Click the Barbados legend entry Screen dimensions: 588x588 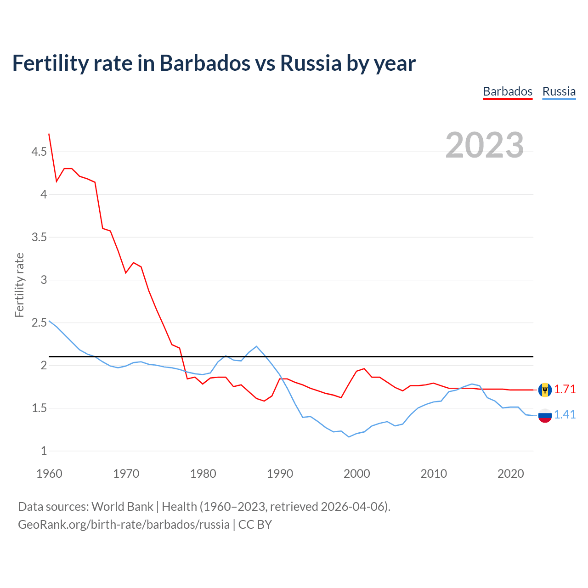coord(507,91)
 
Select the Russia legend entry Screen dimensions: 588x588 coord(559,91)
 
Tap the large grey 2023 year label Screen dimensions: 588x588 coord(484,145)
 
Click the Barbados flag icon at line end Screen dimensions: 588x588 coord(544,390)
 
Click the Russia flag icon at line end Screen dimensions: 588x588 coord(544,415)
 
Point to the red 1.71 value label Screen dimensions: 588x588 coord(565,389)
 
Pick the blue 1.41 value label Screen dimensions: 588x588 coord(565,414)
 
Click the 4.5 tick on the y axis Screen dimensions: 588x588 coord(39,152)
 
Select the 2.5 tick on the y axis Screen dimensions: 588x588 coord(39,322)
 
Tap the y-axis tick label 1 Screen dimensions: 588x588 coord(44,451)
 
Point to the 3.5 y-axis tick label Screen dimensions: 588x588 coord(39,237)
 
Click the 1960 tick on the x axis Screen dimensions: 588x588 coord(49,474)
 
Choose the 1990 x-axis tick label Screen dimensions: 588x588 coord(280,474)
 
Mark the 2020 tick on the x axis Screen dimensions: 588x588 coord(510,474)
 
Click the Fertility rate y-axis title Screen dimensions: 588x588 coord(19,285)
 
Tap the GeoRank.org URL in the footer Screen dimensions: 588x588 coord(124,524)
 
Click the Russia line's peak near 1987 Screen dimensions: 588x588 coord(256,346)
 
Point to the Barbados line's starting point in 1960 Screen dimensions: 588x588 coord(49,134)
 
